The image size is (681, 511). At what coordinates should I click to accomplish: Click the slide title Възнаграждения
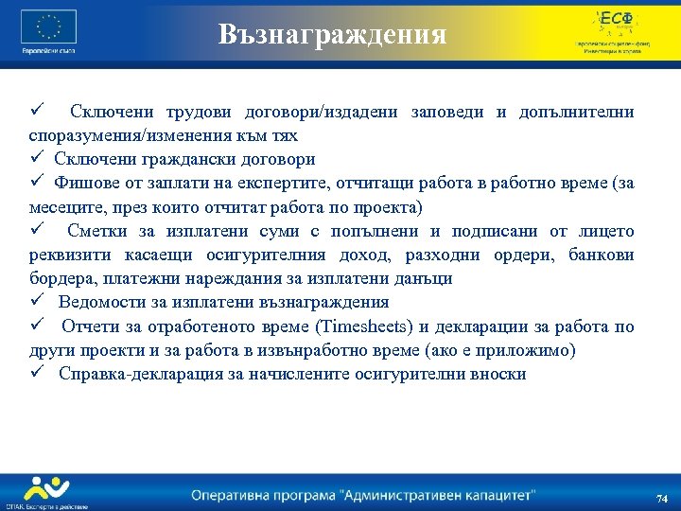coord(332,34)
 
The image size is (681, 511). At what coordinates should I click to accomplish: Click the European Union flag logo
coord(48,26)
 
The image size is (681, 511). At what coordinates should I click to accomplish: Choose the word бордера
coord(61,279)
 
